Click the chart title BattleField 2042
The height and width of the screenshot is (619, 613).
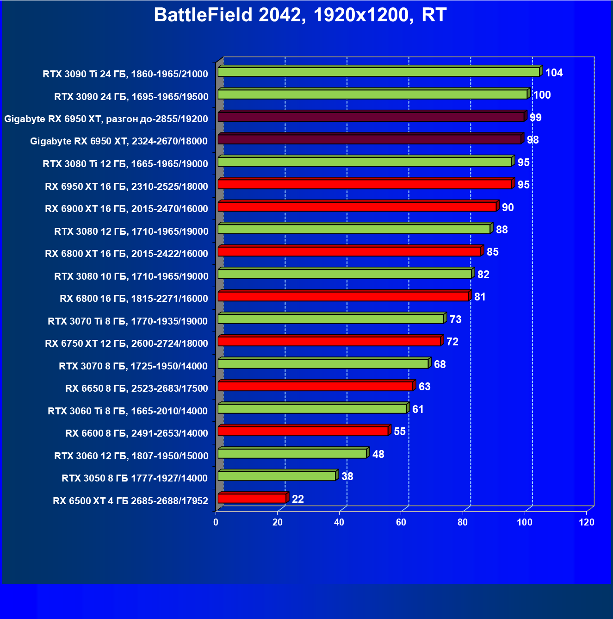pos(300,15)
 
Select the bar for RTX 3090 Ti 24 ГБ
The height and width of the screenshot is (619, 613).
pos(378,72)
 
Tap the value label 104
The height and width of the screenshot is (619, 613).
pos(554,73)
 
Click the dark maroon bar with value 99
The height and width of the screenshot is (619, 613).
pos(371,117)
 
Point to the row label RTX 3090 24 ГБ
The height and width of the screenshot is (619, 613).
pos(131,97)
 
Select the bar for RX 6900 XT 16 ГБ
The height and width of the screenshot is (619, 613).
pos(357,207)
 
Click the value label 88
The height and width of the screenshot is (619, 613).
pos(502,230)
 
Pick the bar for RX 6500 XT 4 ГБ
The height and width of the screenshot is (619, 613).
pos(252,499)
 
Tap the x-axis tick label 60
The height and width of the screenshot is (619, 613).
pos(401,522)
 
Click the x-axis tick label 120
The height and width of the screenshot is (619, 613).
pos(586,522)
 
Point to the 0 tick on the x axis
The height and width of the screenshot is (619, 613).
pos(216,522)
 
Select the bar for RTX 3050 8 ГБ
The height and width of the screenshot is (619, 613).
pos(277,476)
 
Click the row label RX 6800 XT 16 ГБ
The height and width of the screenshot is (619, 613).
pos(126,254)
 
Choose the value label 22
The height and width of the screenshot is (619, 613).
pos(298,499)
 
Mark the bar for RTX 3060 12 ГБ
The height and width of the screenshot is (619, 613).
pos(292,454)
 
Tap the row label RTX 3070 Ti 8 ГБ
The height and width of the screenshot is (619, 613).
pos(128,321)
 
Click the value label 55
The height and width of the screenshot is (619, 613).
pos(399,431)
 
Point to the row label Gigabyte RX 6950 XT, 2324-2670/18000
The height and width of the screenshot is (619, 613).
pos(119,141)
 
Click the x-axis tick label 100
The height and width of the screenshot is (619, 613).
pos(524,522)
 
